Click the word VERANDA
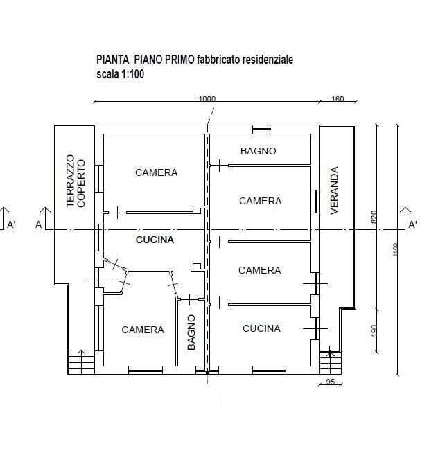334,190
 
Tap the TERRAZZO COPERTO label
76,181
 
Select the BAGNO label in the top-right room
259,151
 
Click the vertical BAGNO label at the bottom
191,332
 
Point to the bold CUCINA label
155,240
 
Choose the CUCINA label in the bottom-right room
261,328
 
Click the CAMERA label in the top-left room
156,172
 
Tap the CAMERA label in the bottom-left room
143,330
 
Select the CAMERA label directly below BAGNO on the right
260,201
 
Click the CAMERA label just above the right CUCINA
260,270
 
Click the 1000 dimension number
207,99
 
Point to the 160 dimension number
338,99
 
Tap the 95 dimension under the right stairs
331,382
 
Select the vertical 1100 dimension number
395,249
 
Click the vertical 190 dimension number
374,330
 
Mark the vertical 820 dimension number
374,217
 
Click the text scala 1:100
121,74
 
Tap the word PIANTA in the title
112,60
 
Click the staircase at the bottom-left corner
81,362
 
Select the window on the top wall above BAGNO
261,130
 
